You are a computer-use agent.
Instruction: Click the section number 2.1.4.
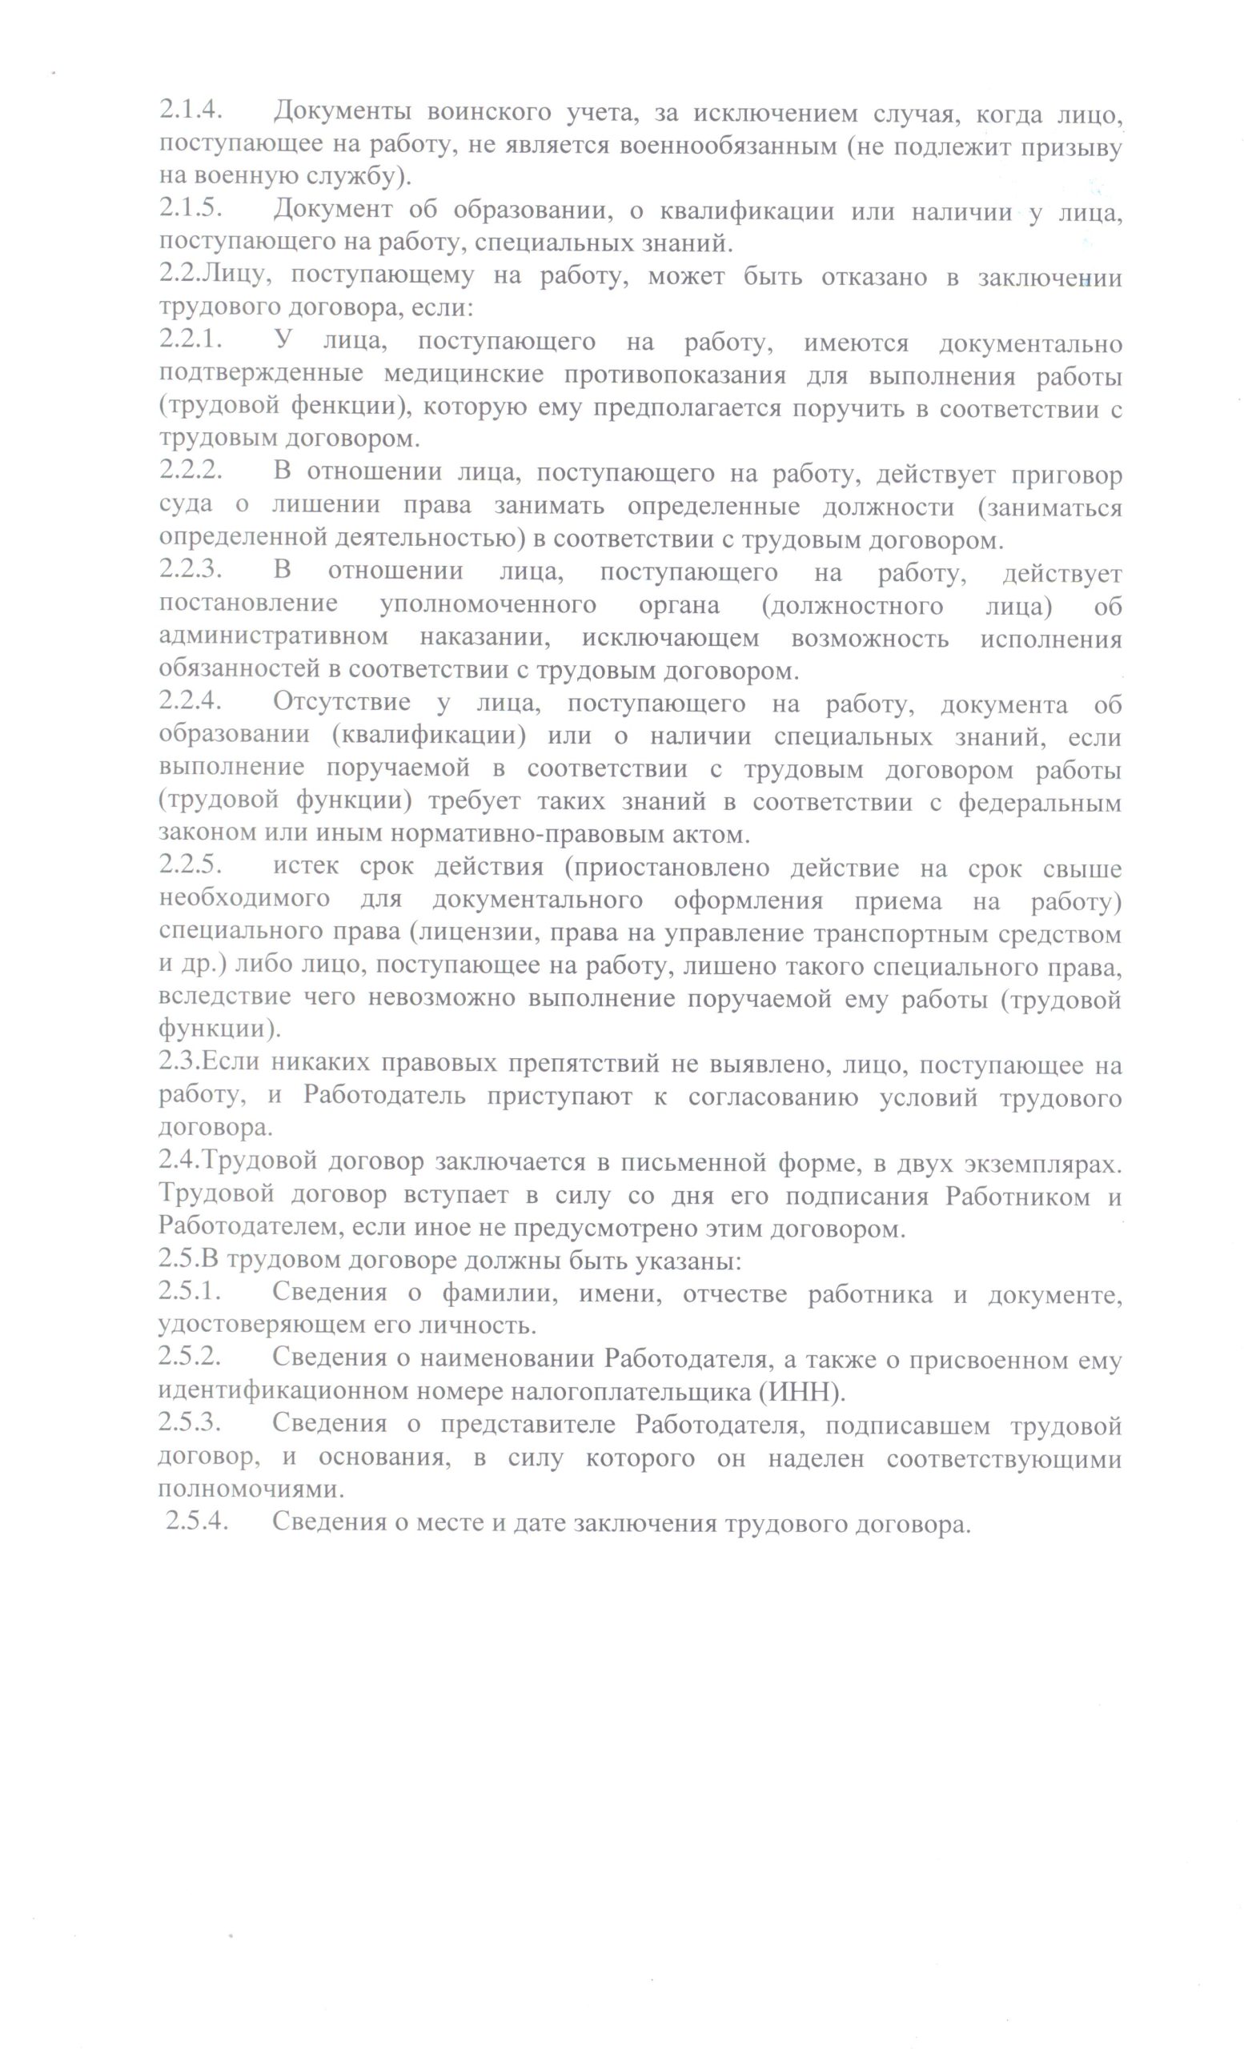(191, 111)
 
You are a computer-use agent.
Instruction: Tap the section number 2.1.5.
(191, 211)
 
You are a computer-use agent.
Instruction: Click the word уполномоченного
(488, 605)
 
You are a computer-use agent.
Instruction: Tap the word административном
(274, 638)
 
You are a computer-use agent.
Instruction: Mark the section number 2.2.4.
(191, 703)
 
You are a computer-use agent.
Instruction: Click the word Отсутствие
(341, 703)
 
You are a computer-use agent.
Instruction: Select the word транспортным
(838, 933)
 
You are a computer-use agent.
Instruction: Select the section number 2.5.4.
(197, 1522)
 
